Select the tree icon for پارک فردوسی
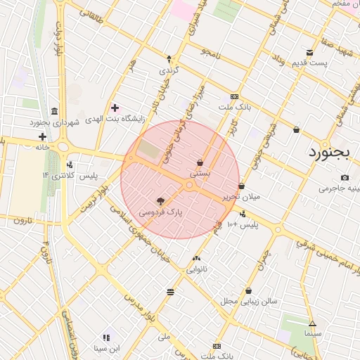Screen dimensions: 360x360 (x=161, y=200)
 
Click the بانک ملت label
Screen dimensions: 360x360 (x=236, y=108)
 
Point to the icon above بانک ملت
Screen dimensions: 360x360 (x=234, y=97)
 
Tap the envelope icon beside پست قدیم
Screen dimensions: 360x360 (x=310, y=53)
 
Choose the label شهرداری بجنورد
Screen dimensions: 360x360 (x=56, y=122)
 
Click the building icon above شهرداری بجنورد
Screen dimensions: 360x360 (x=55, y=111)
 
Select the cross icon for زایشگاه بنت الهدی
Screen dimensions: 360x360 (x=115, y=108)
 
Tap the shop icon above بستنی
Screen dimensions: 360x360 (x=200, y=162)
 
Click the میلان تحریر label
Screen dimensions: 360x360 (x=241, y=197)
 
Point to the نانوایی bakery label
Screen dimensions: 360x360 (x=196, y=269)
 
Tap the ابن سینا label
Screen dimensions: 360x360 (x=108, y=348)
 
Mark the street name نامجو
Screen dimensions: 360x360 (x=210, y=52)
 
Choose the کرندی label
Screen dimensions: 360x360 (x=169, y=70)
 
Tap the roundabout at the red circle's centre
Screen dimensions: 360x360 (x=190, y=185)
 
